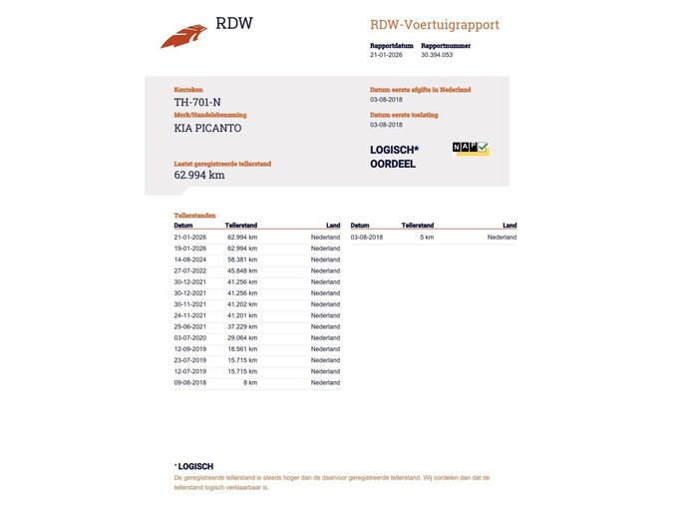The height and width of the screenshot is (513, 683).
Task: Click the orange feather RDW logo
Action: pyautogui.click(x=183, y=36)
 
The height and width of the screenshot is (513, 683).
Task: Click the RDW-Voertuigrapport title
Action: pyautogui.click(x=434, y=25)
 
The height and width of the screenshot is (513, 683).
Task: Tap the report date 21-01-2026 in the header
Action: pyautogui.click(x=385, y=56)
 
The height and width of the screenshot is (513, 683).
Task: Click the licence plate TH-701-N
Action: pyautogui.click(x=197, y=102)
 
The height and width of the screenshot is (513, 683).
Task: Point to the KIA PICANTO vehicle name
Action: pyautogui.click(x=207, y=128)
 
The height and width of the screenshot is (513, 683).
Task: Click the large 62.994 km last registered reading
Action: pyautogui.click(x=199, y=175)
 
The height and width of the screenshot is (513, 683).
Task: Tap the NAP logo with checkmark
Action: pyautogui.click(x=471, y=149)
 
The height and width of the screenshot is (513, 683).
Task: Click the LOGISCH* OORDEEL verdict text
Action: pyautogui.click(x=394, y=157)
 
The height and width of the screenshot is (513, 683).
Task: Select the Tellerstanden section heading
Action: pyautogui.click(x=194, y=215)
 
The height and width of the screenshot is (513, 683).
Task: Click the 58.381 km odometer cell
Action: pyautogui.click(x=241, y=259)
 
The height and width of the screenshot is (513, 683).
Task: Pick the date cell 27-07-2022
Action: pyautogui.click(x=190, y=270)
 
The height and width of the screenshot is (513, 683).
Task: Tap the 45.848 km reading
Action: pyautogui.click(x=241, y=270)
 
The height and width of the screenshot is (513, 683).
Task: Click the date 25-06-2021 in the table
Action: pyautogui.click(x=190, y=326)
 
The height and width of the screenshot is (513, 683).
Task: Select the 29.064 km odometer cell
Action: pyautogui.click(x=241, y=337)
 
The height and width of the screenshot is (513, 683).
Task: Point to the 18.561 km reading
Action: pyautogui.click(x=241, y=348)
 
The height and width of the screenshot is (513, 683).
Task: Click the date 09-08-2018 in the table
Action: pyautogui.click(x=190, y=382)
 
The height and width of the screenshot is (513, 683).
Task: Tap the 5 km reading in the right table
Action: pyautogui.click(x=427, y=238)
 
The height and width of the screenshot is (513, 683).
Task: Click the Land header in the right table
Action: pyautogui.click(x=510, y=226)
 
